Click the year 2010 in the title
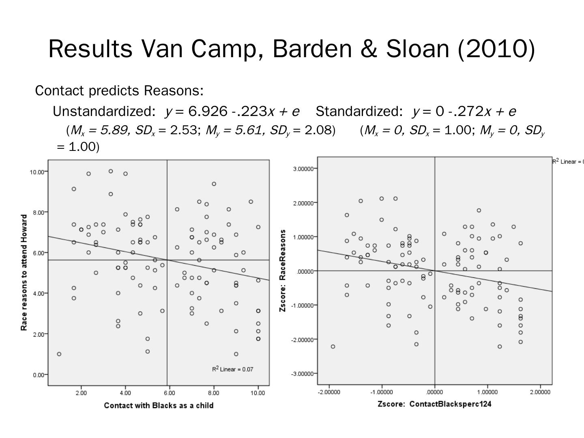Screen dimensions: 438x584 coord(497,49)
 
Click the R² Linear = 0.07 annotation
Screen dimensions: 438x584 coord(232,369)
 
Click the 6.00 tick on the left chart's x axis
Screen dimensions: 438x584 coord(169,393)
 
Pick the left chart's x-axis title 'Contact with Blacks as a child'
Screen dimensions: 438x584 coord(159,406)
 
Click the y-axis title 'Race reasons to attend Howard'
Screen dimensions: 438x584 coord(24,273)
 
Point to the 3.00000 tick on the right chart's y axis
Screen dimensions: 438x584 coord(303,168)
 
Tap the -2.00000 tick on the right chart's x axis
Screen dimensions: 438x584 coord(329,392)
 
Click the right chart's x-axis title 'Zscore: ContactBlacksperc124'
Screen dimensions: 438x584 coord(434,404)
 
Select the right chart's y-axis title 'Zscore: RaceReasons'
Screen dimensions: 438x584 coord(283,271)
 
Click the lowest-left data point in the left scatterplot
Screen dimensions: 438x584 coord(59,354)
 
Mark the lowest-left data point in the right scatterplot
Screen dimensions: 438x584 coord(333,346)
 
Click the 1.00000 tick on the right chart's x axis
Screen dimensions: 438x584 coord(487,392)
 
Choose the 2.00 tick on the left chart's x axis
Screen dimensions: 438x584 coord(81,393)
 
